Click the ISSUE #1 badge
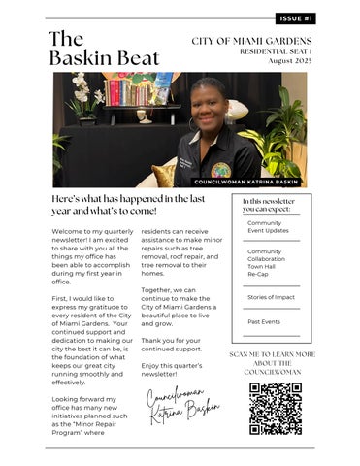point(295,18)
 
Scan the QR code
point(275,408)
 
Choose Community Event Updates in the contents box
point(265,227)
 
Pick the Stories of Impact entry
point(271,296)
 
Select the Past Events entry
point(264,321)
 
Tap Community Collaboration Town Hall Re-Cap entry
point(267,262)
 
